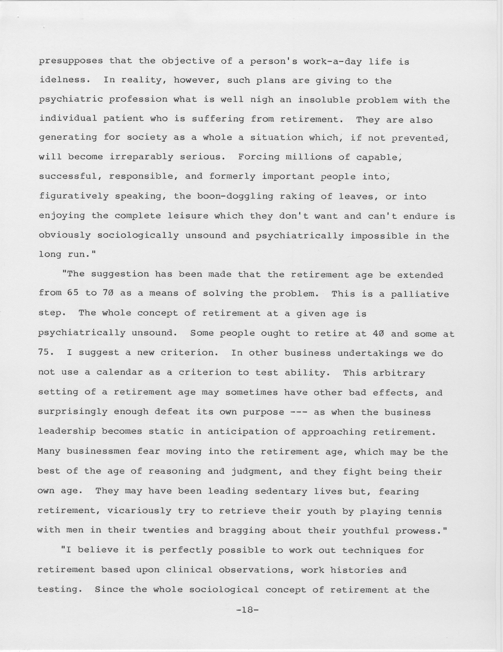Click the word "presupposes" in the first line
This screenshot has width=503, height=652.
pyautogui.click(x=71, y=61)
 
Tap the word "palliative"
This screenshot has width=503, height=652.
pyautogui.click(x=420, y=294)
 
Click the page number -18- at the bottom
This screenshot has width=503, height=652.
pyautogui.click(x=247, y=610)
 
